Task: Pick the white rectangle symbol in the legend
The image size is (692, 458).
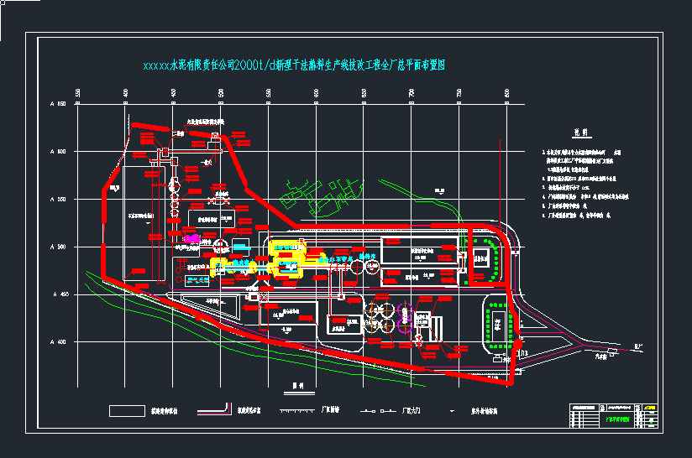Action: pos(127,410)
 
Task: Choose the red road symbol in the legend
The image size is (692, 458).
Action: pos(215,409)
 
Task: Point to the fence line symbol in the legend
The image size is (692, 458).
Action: pos(297,411)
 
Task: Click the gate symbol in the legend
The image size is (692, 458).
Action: pos(378,411)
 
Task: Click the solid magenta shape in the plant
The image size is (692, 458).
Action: pos(191,239)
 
